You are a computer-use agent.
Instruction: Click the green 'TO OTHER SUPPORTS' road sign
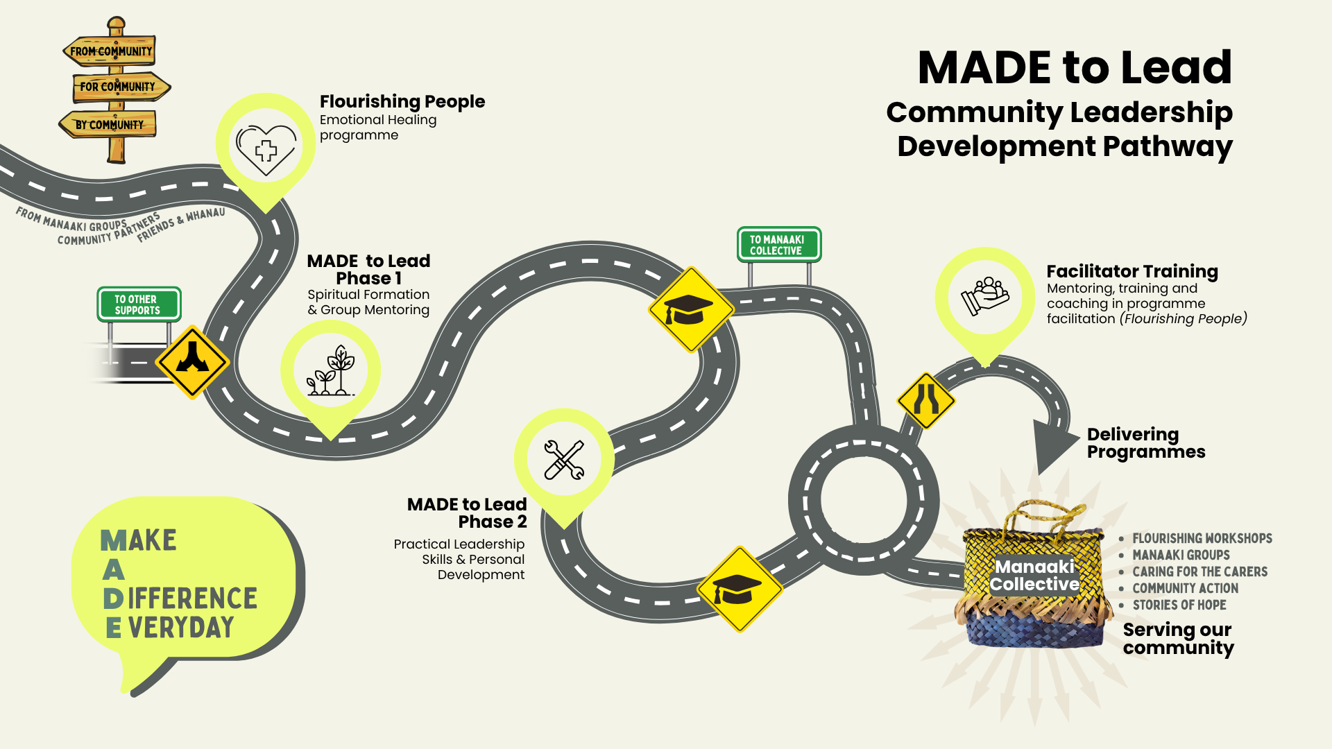pos(138,304)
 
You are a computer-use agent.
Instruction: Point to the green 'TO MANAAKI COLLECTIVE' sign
pos(778,245)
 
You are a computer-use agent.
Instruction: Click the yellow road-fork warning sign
pos(192,361)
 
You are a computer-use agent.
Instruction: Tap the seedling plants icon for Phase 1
pos(331,372)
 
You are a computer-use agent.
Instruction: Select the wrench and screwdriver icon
pos(564,459)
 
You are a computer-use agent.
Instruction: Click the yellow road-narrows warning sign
pos(926,400)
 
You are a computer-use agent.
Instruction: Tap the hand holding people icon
pos(984,296)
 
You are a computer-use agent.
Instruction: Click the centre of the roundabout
pos(863,499)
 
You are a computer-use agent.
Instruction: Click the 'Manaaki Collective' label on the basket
pos(1034,576)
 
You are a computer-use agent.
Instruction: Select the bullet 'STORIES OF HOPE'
pos(1179,605)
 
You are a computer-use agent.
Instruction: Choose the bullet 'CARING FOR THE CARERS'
pos(1199,571)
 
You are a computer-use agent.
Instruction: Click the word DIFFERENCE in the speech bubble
pos(192,599)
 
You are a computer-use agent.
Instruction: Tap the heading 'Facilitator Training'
pos(1132,271)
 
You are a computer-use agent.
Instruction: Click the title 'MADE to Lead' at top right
pos(1074,67)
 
